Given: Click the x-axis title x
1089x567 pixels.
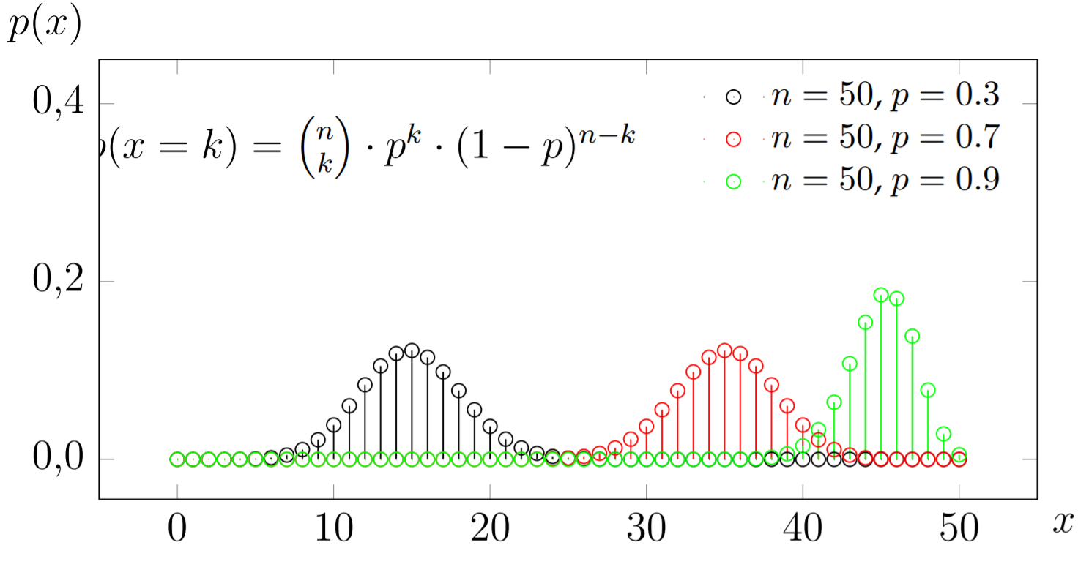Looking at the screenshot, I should pyautogui.click(x=1063, y=522).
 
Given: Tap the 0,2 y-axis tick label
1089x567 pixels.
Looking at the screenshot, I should pyautogui.click(x=59, y=282).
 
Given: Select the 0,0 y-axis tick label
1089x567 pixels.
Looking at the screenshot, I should pyautogui.click(x=59, y=460).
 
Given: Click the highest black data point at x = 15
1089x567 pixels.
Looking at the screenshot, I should pyautogui.click(x=412, y=350).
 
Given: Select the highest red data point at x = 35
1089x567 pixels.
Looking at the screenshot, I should pyautogui.click(x=724, y=350).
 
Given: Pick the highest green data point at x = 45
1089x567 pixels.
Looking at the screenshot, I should pyautogui.click(x=881, y=295).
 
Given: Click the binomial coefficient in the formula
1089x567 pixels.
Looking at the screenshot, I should pyautogui.click(x=322, y=150).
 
